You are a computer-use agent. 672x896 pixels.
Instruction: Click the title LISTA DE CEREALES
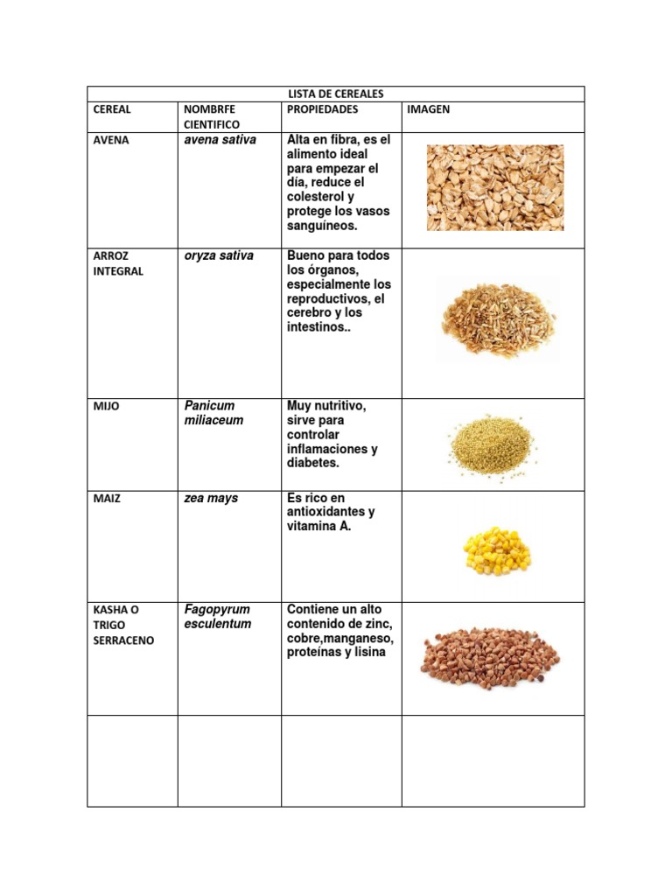tap(336, 94)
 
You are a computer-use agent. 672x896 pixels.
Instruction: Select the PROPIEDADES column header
tap(322, 109)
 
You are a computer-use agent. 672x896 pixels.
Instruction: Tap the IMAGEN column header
tap(428, 109)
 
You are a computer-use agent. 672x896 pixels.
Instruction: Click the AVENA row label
tap(111, 140)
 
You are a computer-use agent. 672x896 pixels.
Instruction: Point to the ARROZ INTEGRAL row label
tap(118, 263)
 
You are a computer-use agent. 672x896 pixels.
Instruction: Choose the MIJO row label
tap(105, 407)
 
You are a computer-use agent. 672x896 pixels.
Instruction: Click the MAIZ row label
tap(107, 499)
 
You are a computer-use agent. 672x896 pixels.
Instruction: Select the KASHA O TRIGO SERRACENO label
tap(123, 625)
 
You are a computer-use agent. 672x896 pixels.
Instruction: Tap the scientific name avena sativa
tap(220, 139)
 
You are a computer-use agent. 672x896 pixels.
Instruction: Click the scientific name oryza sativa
tap(219, 255)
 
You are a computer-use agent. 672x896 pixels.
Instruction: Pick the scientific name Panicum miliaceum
tap(213, 413)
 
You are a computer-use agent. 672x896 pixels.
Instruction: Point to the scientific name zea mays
tap(211, 498)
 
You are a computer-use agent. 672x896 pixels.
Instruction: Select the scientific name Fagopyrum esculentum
tap(217, 616)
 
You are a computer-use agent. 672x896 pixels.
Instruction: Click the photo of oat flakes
tap(495, 187)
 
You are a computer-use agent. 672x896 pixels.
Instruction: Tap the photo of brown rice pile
tap(496, 321)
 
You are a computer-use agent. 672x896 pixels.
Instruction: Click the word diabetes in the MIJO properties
tap(312, 463)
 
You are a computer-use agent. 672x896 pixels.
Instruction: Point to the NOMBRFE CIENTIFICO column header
tap(212, 117)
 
